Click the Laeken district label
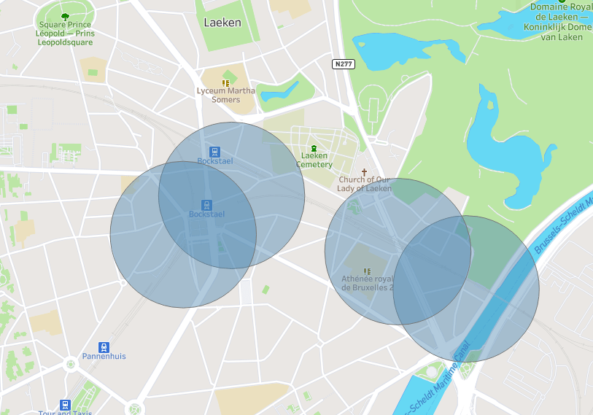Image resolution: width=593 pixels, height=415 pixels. [x=222, y=23]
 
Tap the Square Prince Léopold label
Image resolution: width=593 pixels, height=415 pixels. [x=65, y=33]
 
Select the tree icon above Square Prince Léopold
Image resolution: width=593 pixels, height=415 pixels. [x=65, y=15]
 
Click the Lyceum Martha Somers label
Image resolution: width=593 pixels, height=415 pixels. [x=226, y=96]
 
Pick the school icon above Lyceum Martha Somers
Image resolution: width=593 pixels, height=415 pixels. [x=226, y=83]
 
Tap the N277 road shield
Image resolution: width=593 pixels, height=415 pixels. [x=343, y=64]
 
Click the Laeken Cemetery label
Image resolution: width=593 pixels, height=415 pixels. [x=314, y=160]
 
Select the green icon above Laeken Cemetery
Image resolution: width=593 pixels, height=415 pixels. [x=314, y=148]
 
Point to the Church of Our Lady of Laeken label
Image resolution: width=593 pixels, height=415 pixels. [x=364, y=184]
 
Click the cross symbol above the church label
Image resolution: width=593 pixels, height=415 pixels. [x=364, y=172]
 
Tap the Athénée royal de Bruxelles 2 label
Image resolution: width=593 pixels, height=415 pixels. [x=367, y=283]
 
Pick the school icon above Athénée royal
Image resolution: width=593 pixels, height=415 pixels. [x=367, y=271]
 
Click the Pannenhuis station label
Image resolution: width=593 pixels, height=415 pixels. [x=104, y=357]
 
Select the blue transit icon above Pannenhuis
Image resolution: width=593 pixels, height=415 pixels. [x=104, y=347]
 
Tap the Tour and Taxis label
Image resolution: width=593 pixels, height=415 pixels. [x=65, y=413]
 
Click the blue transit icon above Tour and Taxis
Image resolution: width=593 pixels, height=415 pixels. [x=65, y=404]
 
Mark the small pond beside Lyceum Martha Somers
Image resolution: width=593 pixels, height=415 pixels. [x=281, y=92]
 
